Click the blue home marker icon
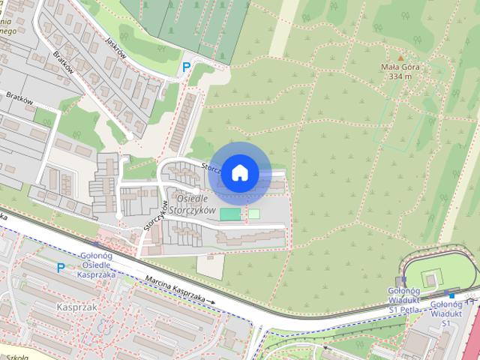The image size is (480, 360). click(x=239, y=173)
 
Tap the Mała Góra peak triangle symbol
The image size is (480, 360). click(x=400, y=58)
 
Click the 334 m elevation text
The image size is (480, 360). click(x=400, y=76)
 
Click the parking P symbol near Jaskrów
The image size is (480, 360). click(x=185, y=67)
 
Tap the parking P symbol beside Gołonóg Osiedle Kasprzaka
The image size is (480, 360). click(x=60, y=267)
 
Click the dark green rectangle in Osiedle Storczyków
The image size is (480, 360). click(x=231, y=214)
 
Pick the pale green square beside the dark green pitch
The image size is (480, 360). click(x=253, y=214)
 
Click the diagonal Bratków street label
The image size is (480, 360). click(x=64, y=66)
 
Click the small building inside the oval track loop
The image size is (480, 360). click(x=431, y=279)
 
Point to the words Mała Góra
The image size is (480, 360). click(x=400, y=67)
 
